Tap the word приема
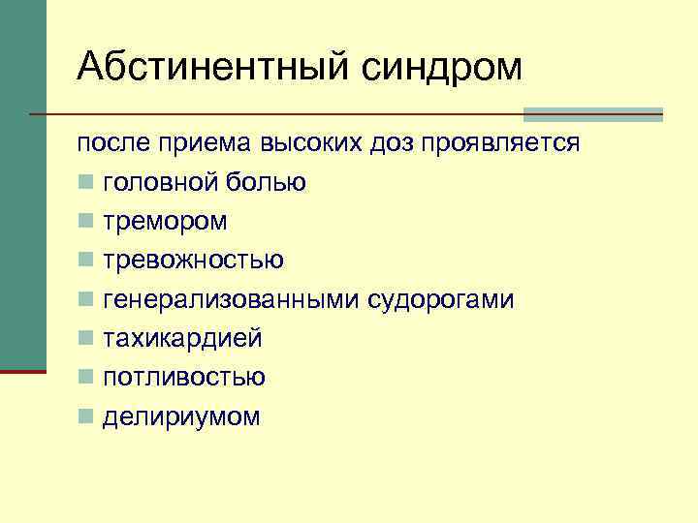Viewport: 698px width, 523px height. coord(205,143)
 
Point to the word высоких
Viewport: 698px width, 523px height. coord(310,143)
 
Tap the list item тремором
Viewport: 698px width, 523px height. coord(165,222)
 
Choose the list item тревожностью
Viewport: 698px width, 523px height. coord(193,261)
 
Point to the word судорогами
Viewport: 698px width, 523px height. coord(440,300)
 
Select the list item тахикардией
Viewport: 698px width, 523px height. coord(182,339)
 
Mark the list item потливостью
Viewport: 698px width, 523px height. coord(184,378)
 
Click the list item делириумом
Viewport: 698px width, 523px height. coord(181,417)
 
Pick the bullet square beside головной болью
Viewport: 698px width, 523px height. coord(86,183)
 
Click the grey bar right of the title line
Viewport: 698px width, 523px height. coord(592,113)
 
